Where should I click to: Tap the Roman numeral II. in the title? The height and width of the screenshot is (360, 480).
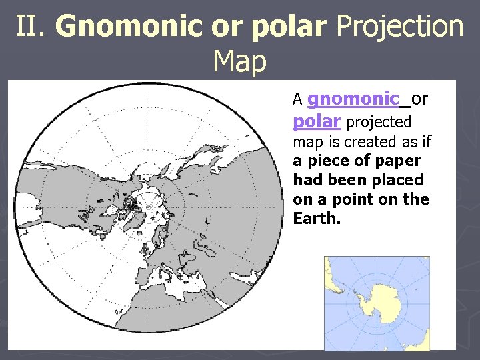click(x=31, y=27)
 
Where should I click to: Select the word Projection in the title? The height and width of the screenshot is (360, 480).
click(x=399, y=27)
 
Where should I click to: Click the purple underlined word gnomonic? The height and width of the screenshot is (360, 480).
click(x=353, y=99)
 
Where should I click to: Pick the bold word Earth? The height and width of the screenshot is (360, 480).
click(x=315, y=219)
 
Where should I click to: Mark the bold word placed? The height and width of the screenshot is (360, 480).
click(x=401, y=180)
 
